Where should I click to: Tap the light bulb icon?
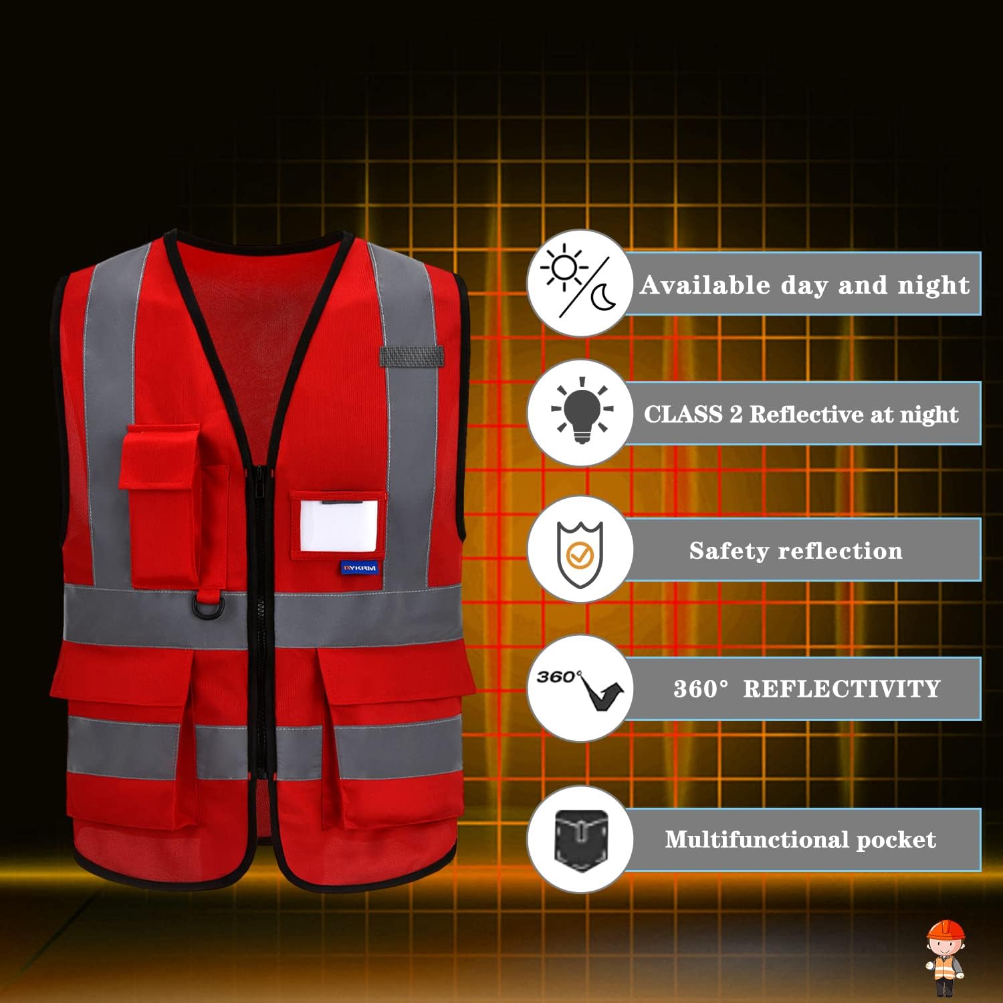582,411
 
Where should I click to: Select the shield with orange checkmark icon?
580,554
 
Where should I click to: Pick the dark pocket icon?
581,840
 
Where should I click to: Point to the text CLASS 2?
693,414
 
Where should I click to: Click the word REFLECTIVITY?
842,689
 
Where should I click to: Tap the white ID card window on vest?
339,526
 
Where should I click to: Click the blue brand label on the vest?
359,568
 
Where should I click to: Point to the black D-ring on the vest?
206,608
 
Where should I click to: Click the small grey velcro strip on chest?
411,356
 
